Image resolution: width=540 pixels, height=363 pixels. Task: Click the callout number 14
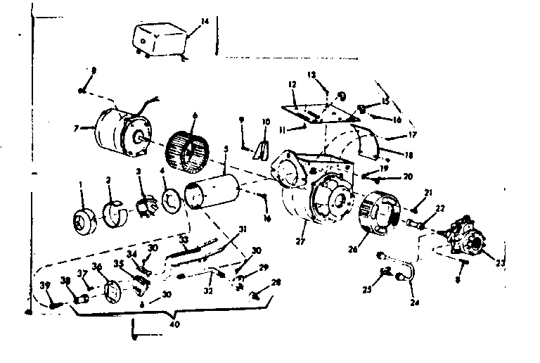tap(205, 23)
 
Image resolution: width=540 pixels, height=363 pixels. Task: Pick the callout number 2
tap(108, 181)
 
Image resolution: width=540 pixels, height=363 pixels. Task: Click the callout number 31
tap(243, 229)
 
